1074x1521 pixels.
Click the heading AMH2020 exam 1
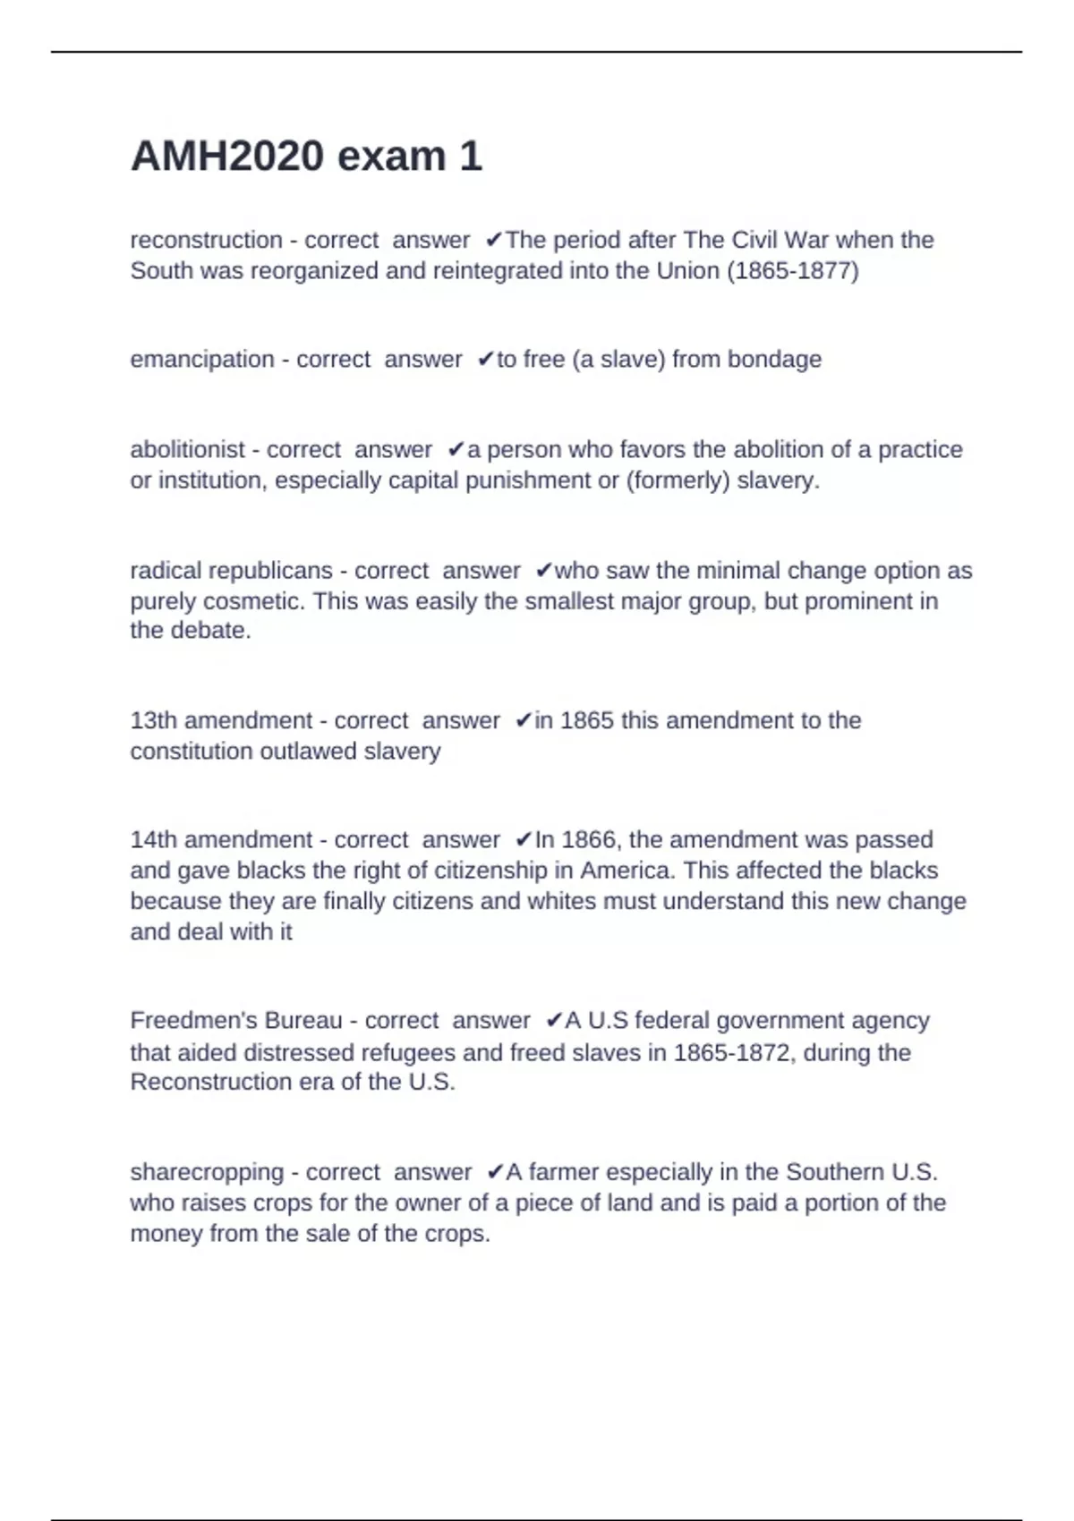(x=306, y=157)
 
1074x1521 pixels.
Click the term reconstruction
(x=206, y=241)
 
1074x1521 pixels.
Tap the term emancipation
(x=202, y=360)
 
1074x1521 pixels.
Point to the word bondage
(x=774, y=360)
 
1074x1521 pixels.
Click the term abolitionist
(x=187, y=450)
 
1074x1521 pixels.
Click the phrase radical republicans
(x=231, y=571)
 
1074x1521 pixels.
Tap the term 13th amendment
(x=221, y=721)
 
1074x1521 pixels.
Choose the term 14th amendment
(x=221, y=840)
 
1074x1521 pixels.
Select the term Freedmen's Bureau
(x=236, y=1021)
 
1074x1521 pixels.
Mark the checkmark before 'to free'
(x=485, y=360)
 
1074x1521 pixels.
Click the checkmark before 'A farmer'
(x=494, y=1172)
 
